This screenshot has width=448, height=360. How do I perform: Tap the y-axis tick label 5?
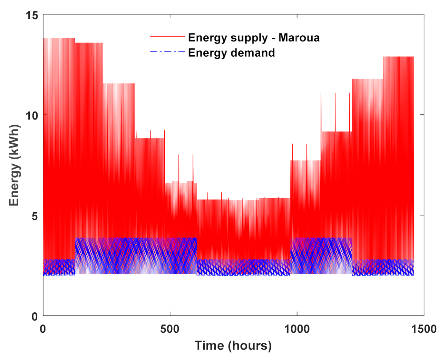(x=35, y=216)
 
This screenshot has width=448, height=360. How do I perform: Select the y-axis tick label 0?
(x=35, y=316)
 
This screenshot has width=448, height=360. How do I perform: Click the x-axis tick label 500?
(x=170, y=329)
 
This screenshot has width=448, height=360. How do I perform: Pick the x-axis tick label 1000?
(x=297, y=329)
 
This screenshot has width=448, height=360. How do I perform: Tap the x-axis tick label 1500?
(x=423, y=329)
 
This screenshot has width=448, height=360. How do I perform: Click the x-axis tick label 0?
(x=43, y=329)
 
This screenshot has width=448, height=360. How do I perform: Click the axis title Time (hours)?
(x=233, y=345)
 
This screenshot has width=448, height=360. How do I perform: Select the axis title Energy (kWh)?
(x=14, y=165)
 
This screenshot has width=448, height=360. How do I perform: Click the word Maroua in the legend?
(x=299, y=38)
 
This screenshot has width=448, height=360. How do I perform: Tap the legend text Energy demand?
(x=231, y=53)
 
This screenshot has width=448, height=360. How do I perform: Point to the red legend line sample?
(x=167, y=36)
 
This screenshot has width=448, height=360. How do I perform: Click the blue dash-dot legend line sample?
(x=167, y=52)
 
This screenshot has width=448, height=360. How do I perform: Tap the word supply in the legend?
(x=250, y=38)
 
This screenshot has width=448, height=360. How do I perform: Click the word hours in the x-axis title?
(x=250, y=345)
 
